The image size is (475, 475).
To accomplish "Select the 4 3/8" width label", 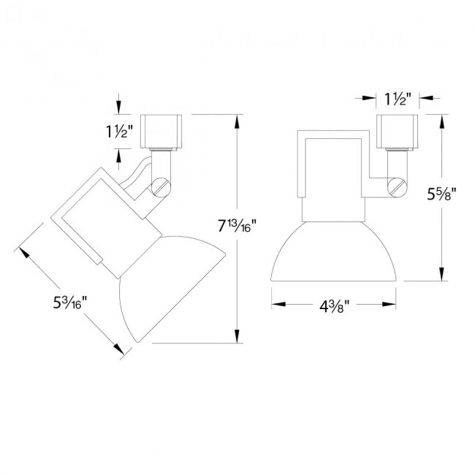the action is click(x=334, y=307).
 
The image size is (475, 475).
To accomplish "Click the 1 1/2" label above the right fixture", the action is click(x=398, y=99).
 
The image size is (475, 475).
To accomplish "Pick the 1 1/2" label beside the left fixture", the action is click(x=119, y=131).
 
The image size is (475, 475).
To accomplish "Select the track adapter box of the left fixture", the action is click(x=161, y=132).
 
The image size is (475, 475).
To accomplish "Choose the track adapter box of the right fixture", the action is click(x=397, y=132).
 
